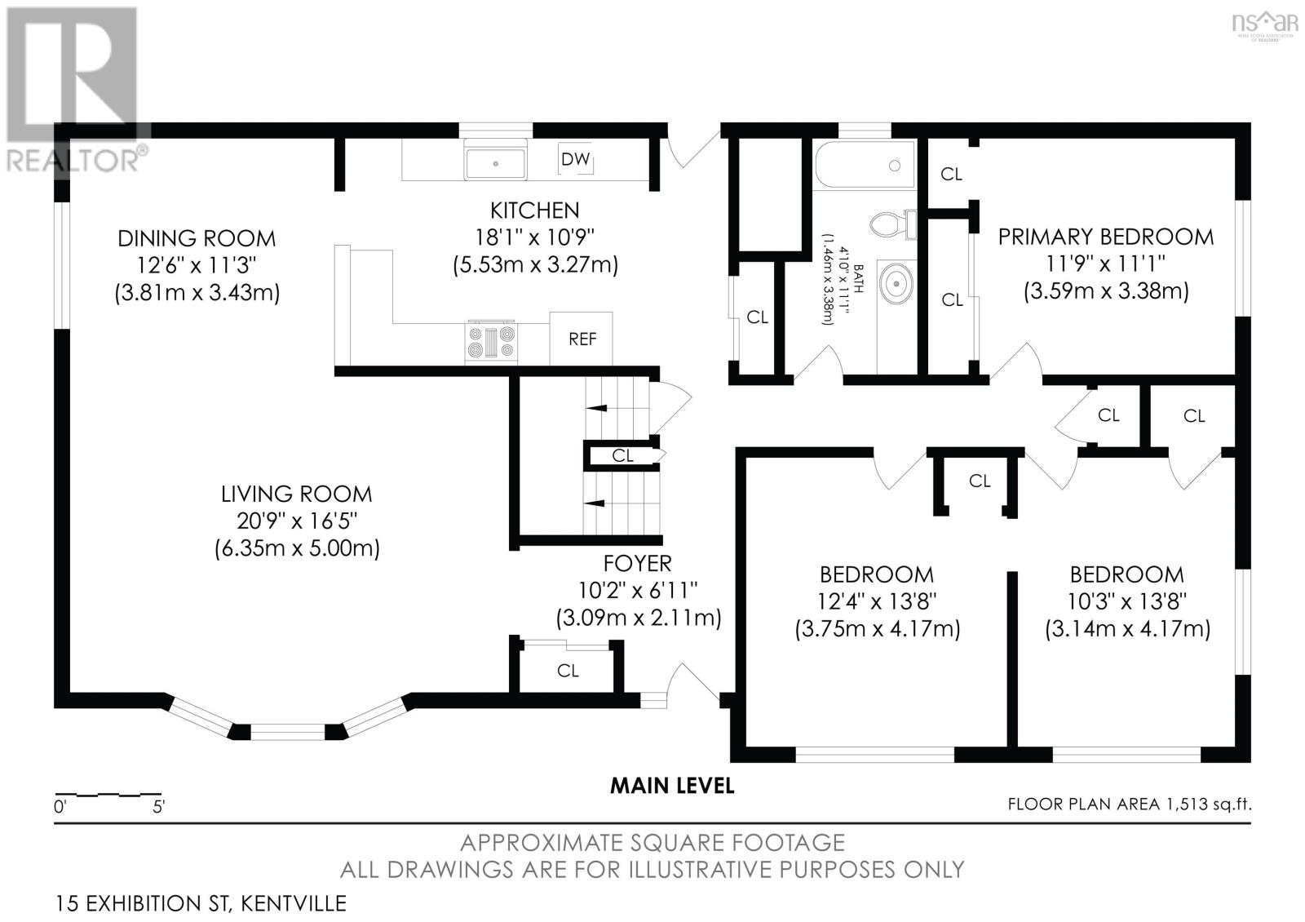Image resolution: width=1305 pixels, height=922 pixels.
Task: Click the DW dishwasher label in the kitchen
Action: tap(575, 159)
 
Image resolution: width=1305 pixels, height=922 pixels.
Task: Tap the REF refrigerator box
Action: tap(581, 339)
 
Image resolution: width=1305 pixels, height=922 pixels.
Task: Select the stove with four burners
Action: tap(491, 342)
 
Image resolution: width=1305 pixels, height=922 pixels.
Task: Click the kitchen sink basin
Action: tap(495, 163)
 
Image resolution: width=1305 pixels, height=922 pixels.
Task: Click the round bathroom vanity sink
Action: tap(896, 283)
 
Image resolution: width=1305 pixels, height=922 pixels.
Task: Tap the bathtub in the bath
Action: tap(865, 165)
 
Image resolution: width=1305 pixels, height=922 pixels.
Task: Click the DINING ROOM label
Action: tap(197, 238)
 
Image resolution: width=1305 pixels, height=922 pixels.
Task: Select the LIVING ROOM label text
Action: tap(297, 494)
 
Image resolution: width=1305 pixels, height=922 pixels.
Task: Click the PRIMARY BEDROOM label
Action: tap(1106, 237)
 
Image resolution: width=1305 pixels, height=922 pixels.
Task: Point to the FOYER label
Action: tap(637, 564)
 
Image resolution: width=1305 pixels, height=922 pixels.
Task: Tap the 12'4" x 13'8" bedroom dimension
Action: tap(877, 601)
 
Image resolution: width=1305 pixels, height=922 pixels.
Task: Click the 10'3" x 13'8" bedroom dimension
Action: tap(1127, 601)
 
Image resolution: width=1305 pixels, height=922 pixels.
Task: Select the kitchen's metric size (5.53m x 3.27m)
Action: tap(535, 265)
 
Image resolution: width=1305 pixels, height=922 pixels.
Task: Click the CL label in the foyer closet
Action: tap(568, 671)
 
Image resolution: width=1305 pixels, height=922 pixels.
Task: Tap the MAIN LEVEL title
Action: tap(672, 787)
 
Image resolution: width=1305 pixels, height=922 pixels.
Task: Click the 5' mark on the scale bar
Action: tap(158, 807)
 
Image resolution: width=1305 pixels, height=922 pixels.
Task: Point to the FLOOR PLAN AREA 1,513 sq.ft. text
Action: tap(1130, 805)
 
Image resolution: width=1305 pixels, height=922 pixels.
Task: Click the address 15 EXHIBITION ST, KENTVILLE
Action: tap(201, 904)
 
